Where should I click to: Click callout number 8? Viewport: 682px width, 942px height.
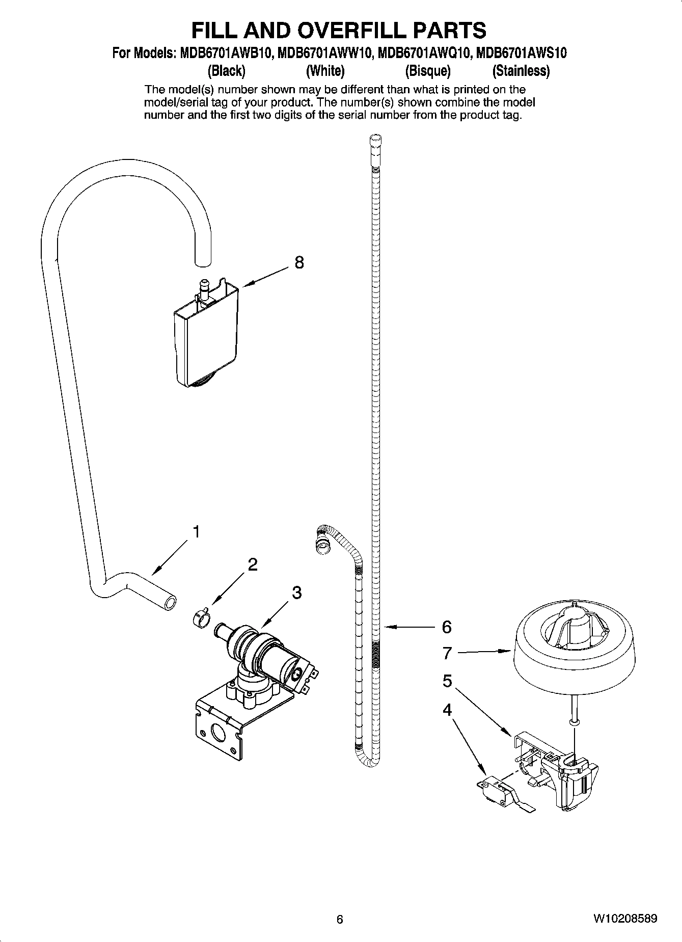pos(299,262)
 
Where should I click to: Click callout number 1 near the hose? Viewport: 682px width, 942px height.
pos(195,532)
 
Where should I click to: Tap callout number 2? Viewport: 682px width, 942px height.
pos(252,564)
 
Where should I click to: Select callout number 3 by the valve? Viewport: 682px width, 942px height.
pos(296,593)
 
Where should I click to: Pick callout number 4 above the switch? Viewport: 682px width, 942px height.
pos(447,709)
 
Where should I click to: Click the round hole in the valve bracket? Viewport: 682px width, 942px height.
pos(220,734)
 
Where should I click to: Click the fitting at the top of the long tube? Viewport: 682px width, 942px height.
pos(375,144)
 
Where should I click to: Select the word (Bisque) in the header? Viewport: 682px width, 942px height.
pos(428,71)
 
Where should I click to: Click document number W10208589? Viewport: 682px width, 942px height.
pos(625,919)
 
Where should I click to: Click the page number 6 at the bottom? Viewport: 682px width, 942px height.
pos(340,920)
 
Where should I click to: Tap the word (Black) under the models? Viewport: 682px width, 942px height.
pos(227,71)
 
